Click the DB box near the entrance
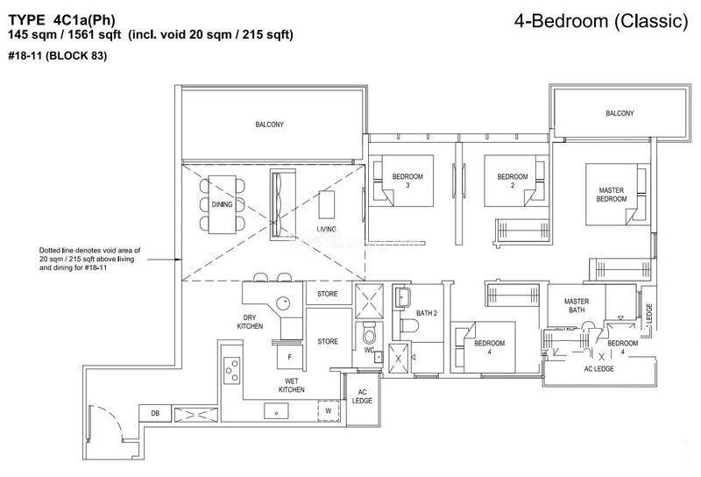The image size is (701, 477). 155,413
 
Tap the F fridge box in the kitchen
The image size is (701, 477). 290,357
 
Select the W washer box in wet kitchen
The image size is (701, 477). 329,410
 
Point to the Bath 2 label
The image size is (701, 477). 427,313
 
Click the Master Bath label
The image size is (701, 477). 577,306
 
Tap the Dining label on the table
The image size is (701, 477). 223,204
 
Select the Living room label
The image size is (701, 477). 326,229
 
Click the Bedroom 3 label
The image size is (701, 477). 407,181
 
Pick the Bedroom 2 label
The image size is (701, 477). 513,181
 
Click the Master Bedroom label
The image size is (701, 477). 611,195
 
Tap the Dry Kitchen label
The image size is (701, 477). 250,322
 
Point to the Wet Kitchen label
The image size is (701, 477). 292,385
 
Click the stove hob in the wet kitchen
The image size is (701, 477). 231,371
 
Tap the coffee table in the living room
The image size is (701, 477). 326,204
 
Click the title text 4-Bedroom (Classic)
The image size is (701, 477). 601,21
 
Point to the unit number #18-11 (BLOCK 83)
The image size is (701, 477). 57,56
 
